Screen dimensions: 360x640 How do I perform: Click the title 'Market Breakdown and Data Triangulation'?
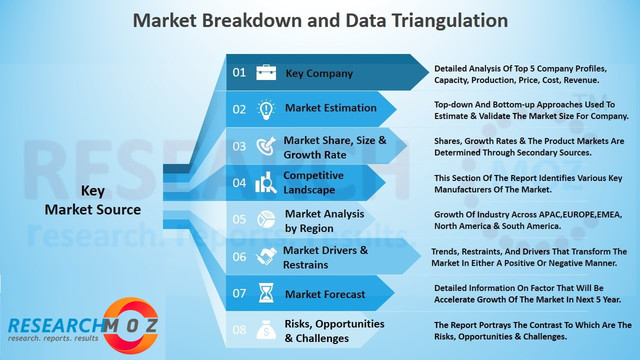[x=320, y=20]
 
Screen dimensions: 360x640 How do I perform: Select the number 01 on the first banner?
[x=239, y=72]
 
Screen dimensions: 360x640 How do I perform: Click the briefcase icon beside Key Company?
[x=266, y=72]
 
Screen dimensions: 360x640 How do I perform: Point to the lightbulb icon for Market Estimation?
[x=266, y=108]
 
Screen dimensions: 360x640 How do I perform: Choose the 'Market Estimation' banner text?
[x=331, y=108]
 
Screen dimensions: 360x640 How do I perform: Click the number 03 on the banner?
[x=239, y=146]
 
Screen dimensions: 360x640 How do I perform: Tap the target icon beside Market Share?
[x=266, y=146]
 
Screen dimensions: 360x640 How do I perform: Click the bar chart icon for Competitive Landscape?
[x=266, y=182]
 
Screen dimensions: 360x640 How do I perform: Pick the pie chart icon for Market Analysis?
[x=266, y=219]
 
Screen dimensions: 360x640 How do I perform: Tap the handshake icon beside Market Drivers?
[x=266, y=256]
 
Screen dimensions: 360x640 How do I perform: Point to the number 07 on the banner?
[x=239, y=293]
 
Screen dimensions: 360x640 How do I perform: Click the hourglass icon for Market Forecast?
[x=266, y=293]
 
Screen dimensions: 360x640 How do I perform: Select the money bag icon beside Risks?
[x=266, y=329]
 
